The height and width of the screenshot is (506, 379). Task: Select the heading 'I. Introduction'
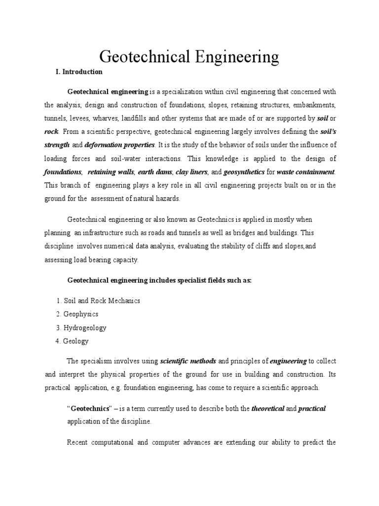tap(79, 72)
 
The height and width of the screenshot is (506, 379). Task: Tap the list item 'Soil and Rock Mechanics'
tap(102, 300)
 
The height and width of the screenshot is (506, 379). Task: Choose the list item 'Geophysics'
tap(81, 314)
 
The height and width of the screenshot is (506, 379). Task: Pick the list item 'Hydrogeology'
tap(85, 328)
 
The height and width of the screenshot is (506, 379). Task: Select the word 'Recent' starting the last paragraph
tap(78, 442)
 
